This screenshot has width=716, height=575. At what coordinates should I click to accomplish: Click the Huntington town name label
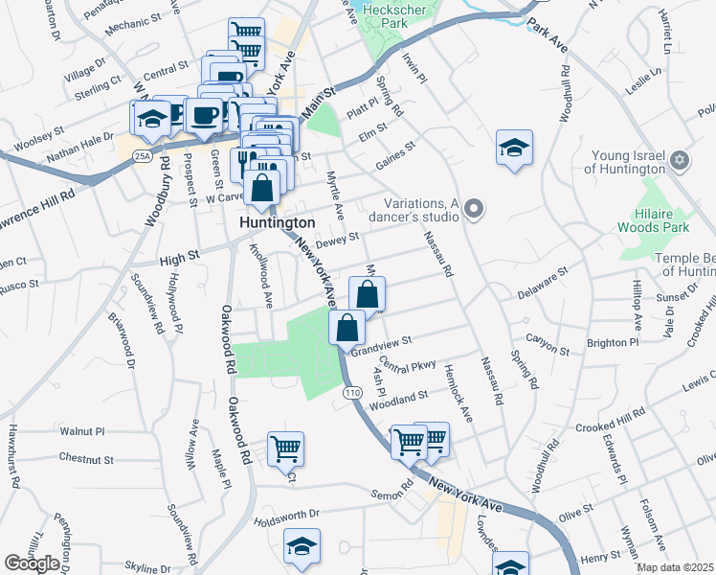[x=277, y=222]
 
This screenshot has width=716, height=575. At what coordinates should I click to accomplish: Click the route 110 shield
[x=352, y=393]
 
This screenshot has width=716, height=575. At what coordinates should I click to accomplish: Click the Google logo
[x=32, y=563]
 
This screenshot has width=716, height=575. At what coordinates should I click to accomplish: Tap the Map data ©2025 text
[x=676, y=567]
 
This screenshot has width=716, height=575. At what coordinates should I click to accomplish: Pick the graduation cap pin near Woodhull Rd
[x=514, y=149]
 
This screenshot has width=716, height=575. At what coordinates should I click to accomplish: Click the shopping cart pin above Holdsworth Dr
[x=285, y=447]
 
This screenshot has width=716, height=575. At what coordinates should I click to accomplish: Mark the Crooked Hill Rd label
[x=611, y=419]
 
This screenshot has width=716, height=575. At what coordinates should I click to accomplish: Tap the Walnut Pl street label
[x=81, y=432]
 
